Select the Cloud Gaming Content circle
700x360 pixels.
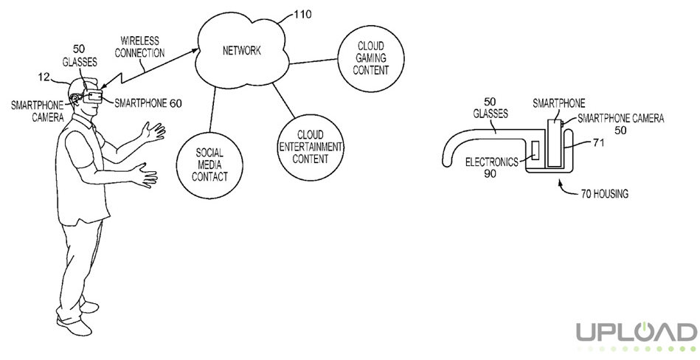tap(370, 59)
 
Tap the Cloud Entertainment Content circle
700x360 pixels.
tap(311, 148)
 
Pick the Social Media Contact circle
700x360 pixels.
tap(209, 165)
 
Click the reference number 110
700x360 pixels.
tap(302, 15)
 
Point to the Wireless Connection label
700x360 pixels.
tap(139, 47)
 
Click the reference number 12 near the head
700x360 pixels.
tap(44, 77)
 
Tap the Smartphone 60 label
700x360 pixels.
tap(148, 103)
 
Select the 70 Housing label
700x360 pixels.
tap(604, 194)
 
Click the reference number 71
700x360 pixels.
tap(598, 143)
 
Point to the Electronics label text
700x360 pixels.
tap(492, 162)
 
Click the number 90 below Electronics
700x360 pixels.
tap(491, 174)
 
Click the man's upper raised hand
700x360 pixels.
tap(153, 132)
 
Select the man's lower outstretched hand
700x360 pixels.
tap(145, 175)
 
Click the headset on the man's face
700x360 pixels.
tap(92, 97)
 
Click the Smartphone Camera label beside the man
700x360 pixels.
tap(38, 111)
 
